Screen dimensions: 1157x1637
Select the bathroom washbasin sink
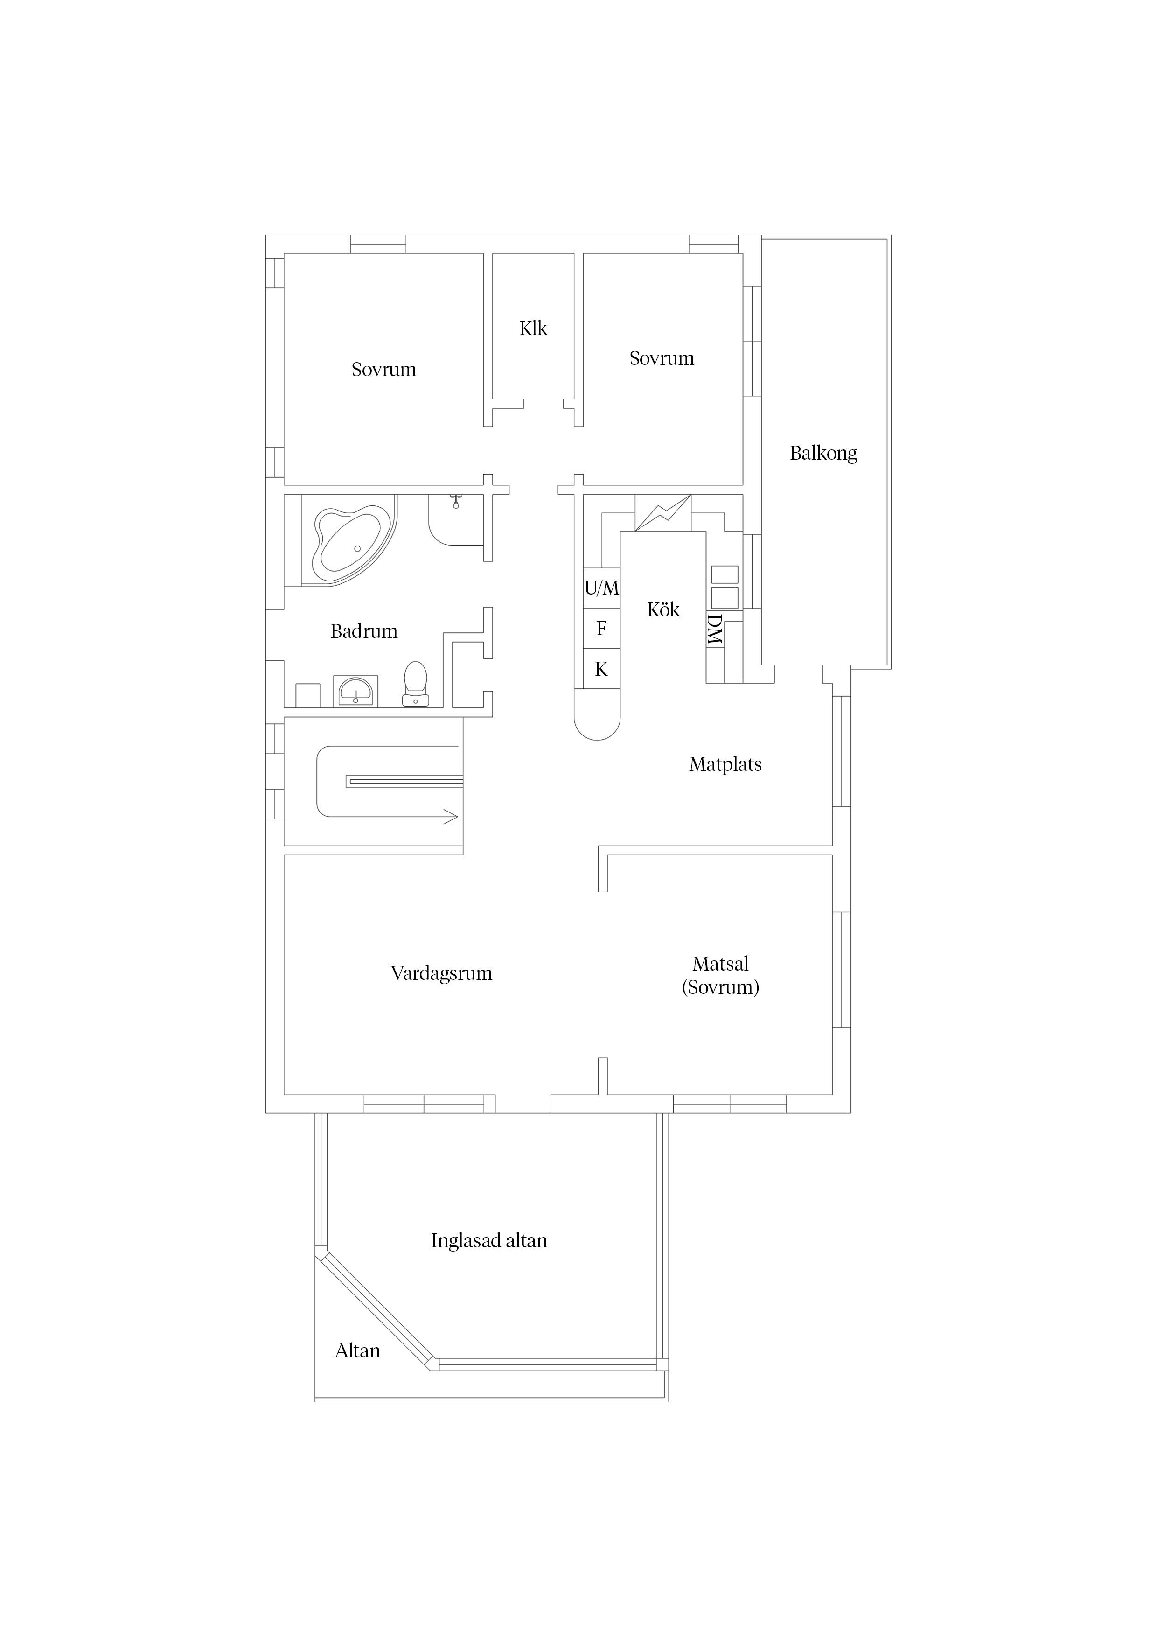pyautogui.click(x=355, y=691)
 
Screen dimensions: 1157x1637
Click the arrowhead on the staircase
pyautogui.click(x=451, y=817)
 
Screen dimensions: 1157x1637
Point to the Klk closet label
pyautogui.click(x=533, y=329)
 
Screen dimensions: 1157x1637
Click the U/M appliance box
pyautogui.click(x=602, y=588)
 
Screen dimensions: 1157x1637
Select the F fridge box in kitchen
pyautogui.click(x=602, y=629)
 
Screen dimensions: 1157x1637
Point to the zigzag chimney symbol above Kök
pyautogui.click(x=663, y=513)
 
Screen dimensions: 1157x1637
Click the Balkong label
pyautogui.click(x=823, y=454)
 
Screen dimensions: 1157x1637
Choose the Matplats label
pyautogui.click(x=725, y=764)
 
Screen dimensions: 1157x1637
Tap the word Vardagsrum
pyautogui.click(x=441, y=974)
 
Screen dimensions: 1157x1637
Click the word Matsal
pyautogui.click(x=721, y=964)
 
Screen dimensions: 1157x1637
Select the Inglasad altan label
pyautogui.click(x=489, y=1241)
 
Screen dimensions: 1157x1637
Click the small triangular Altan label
pyautogui.click(x=357, y=1351)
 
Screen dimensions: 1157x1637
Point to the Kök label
pyautogui.click(x=663, y=609)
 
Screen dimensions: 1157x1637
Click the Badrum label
pyautogui.click(x=363, y=631)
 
